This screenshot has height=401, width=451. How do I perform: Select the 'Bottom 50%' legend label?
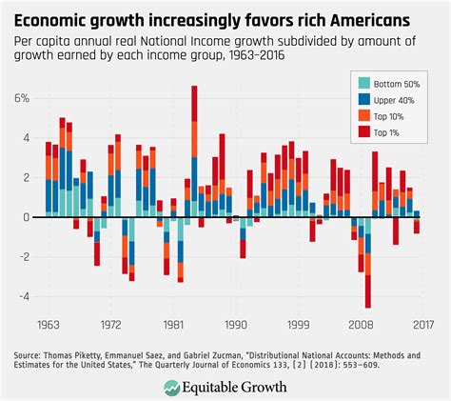pos(399,86)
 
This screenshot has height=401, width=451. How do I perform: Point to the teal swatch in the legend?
pos(361,86)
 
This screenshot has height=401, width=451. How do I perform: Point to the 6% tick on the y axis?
pos(22,99)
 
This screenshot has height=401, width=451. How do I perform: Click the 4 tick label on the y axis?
pos(27,138)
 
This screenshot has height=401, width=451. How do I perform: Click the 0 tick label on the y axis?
pos(27,217)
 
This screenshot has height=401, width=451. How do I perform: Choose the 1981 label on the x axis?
pos(171,324)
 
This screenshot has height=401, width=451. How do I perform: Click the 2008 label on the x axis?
pos(360,324)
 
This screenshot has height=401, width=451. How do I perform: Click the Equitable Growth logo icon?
pos(172,387)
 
